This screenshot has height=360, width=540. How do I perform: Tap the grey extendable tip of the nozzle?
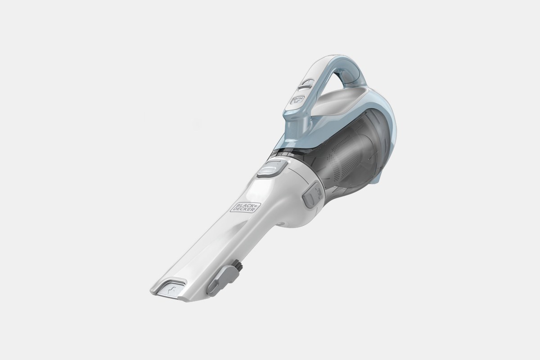click(x=173, y=288)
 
